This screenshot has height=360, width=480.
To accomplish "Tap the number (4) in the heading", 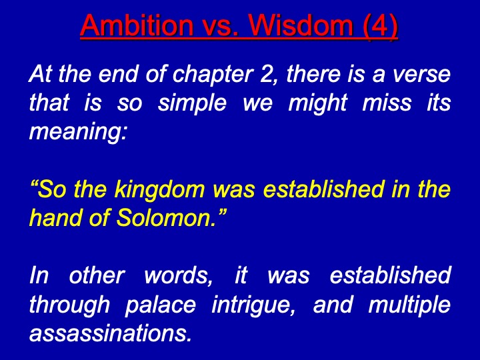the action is [380, 26].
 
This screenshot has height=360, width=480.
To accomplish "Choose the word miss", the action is [387, 102].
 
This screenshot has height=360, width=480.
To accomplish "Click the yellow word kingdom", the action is [159, 191].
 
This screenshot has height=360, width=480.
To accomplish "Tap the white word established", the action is [390, 275].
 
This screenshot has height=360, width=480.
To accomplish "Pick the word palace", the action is [161, 305].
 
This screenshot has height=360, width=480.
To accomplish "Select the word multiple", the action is [409, 305].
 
